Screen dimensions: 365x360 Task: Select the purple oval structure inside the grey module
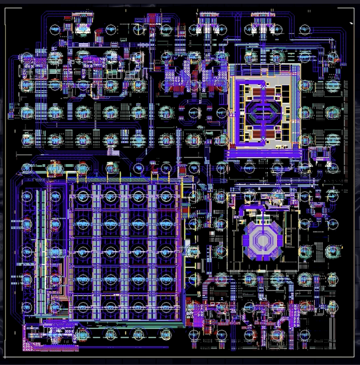coord(262,111)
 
